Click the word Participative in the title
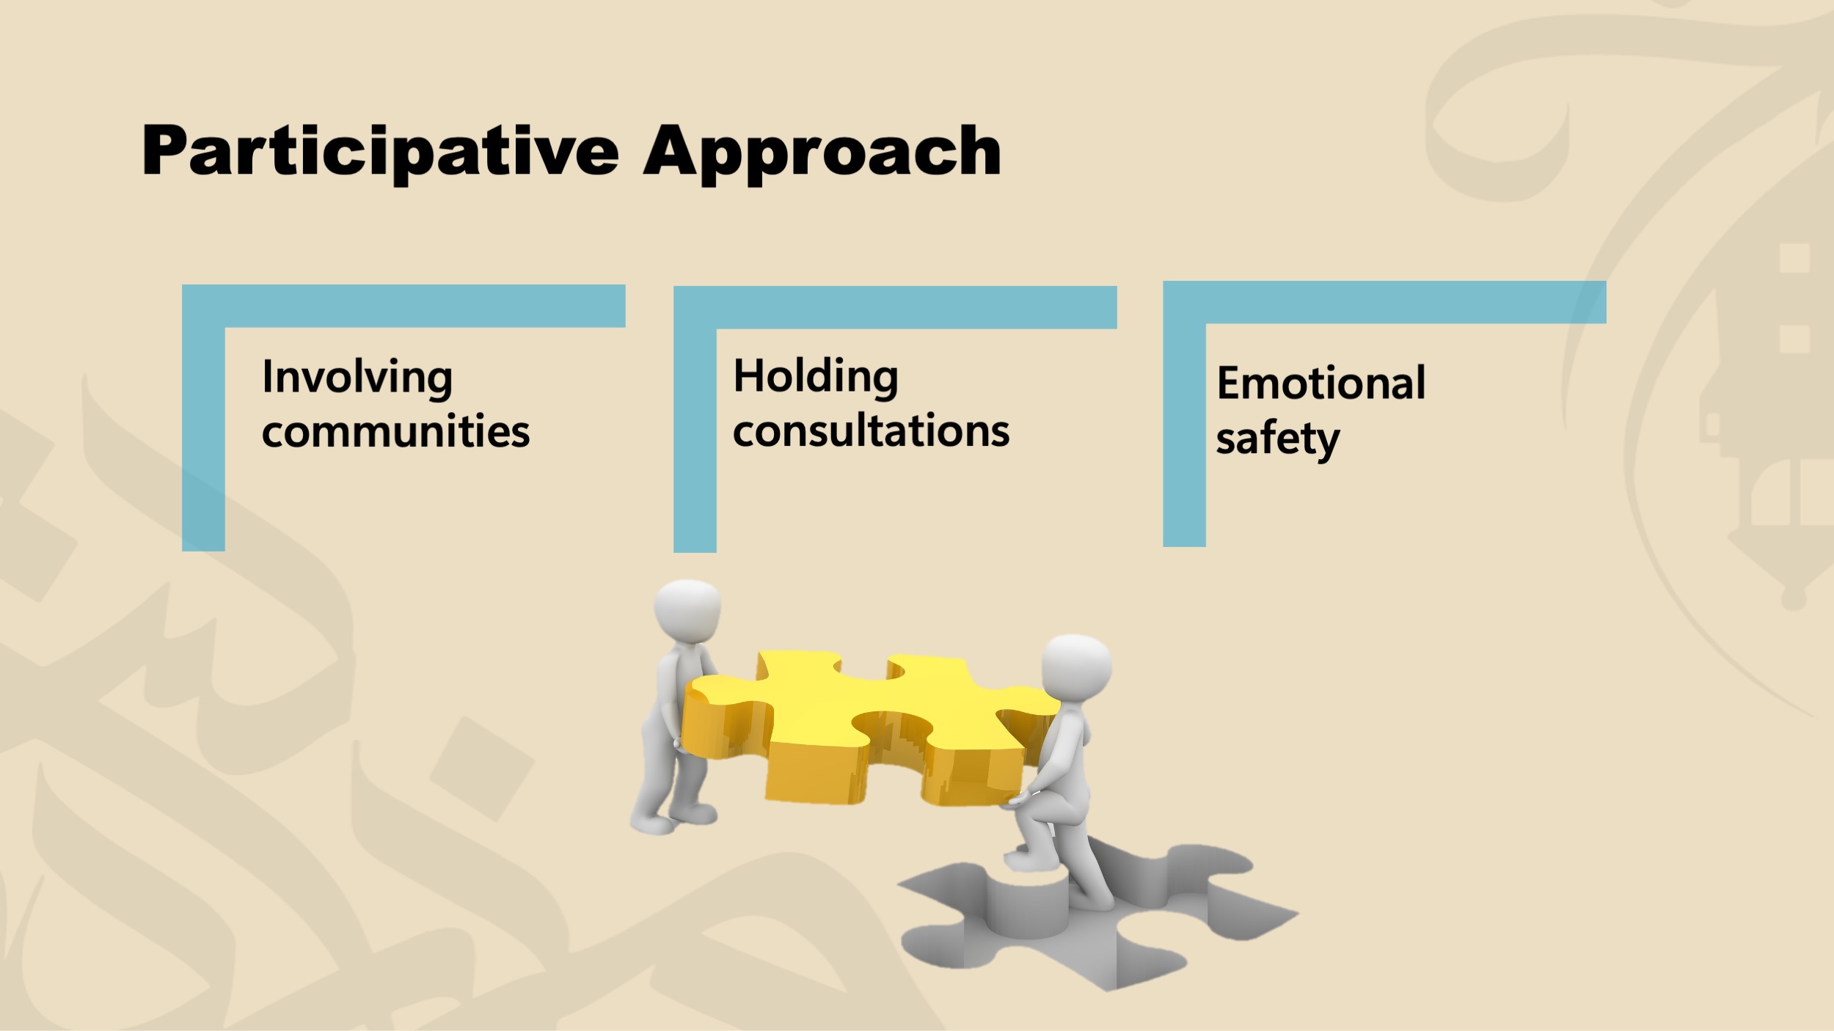(380, 152)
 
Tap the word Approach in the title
(822, 152)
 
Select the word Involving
(357, 378)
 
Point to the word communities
(395, 431)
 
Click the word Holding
(815, 377)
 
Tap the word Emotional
(1320, 383)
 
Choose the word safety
(1277, 439)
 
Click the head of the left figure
(687, 610)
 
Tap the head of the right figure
(1076, 666)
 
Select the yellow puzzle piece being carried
(866, 726)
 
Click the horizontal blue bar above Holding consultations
(895, 307)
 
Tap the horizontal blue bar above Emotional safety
(1384, 302)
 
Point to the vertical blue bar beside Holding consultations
(695, 440)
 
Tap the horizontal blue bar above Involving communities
(403, 306)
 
